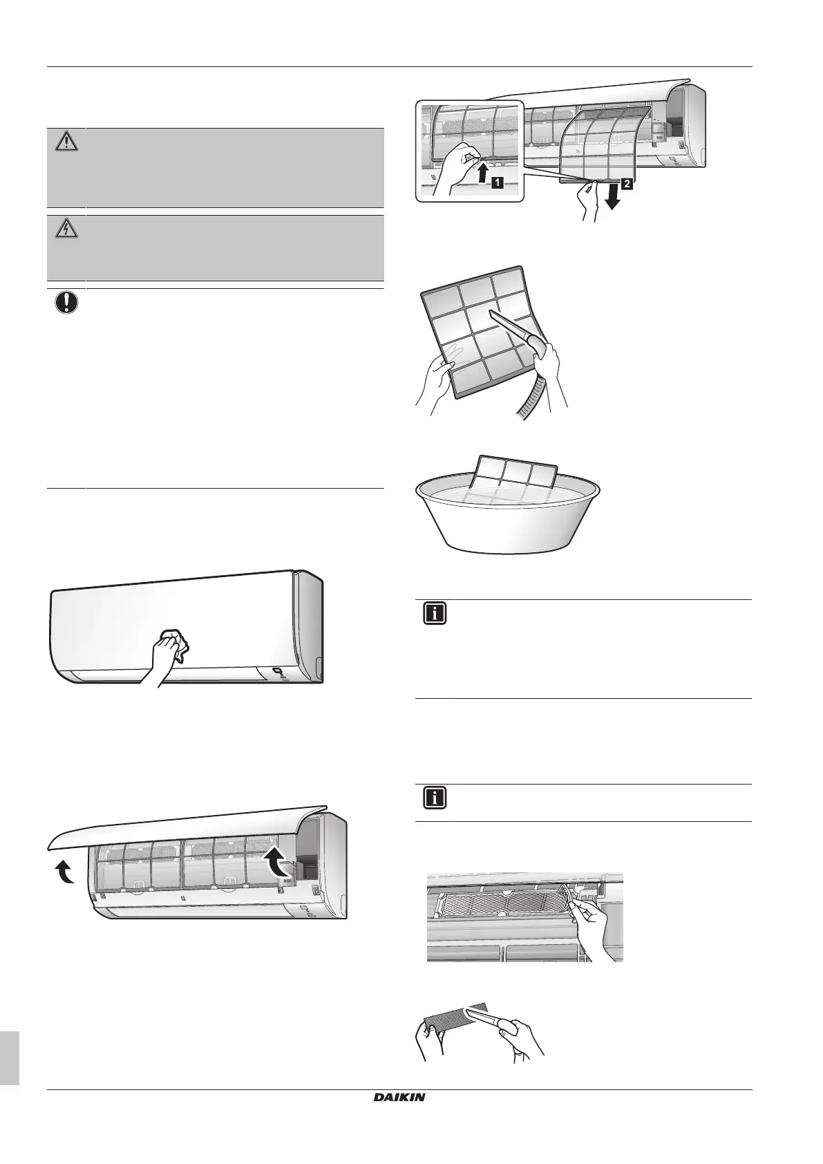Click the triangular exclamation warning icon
[65, 142]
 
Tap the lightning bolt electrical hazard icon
[65, 229]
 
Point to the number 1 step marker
[497, 182]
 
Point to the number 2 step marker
[626, 185]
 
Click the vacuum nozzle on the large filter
[514, 328]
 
